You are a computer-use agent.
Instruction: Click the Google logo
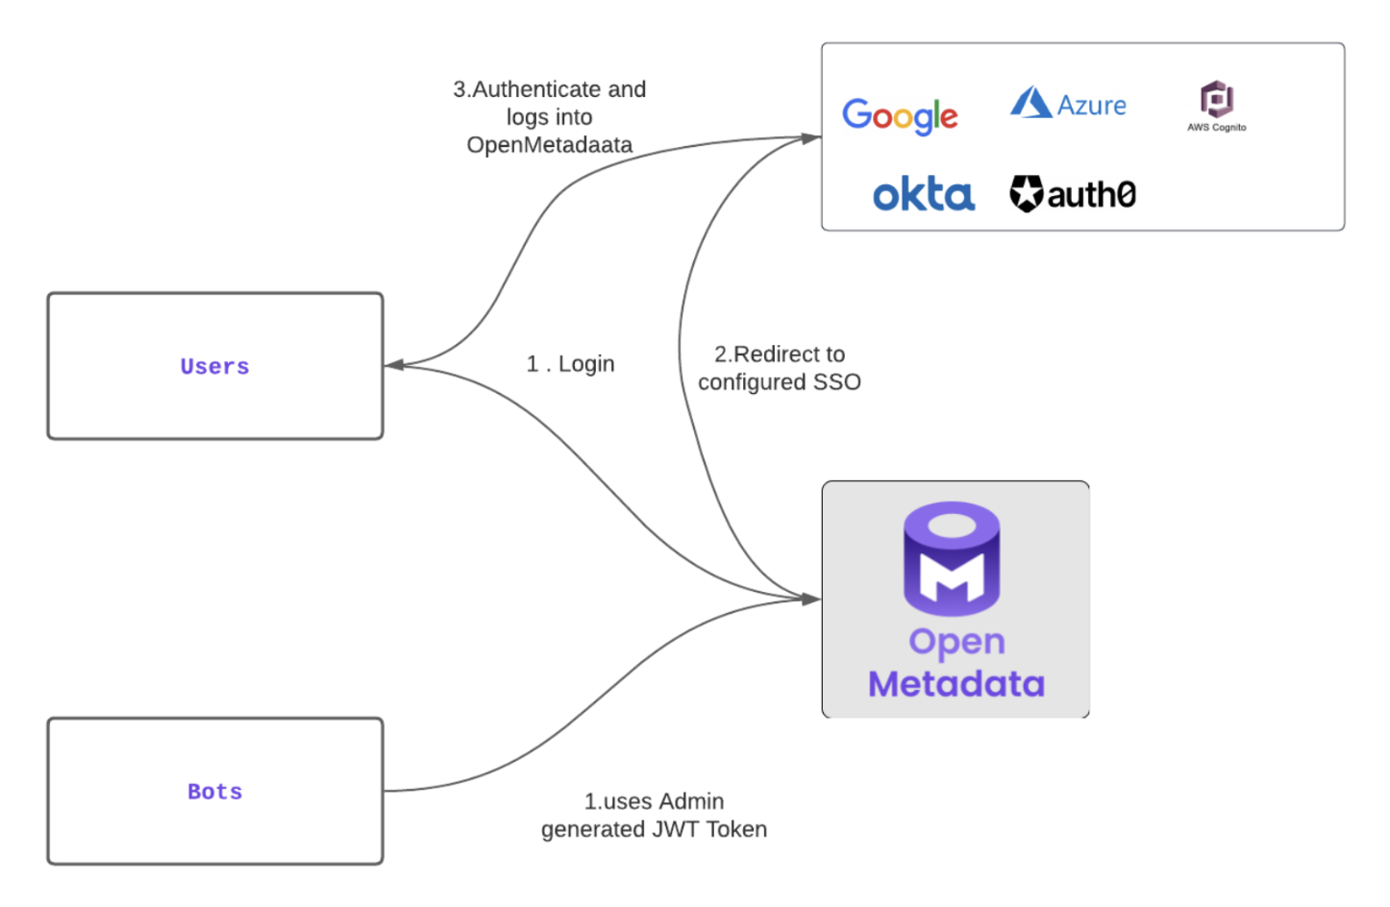pos(899,115)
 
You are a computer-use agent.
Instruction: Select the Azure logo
pos(1068,104)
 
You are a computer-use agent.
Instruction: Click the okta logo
pos(923,195)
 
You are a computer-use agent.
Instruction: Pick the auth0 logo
pos(1073,194)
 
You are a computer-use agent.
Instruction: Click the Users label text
pos(214,366)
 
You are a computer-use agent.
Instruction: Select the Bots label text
pos(214,792)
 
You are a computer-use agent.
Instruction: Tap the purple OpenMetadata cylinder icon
pos(952,558)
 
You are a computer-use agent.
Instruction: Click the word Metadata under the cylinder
pos(956,684)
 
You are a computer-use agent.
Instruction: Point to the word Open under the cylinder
pos(956,642)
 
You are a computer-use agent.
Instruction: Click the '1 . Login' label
pos(570,364)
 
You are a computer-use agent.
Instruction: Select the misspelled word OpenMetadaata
pos(549,145)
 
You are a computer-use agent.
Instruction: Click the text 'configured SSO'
pos(779,382)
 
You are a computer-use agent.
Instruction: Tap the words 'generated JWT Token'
pos(654,829)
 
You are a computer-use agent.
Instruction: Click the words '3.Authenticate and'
pos(549,89)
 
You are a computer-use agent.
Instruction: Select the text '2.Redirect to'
pos(779,355)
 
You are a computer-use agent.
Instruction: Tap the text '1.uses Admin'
pos(654,801)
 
